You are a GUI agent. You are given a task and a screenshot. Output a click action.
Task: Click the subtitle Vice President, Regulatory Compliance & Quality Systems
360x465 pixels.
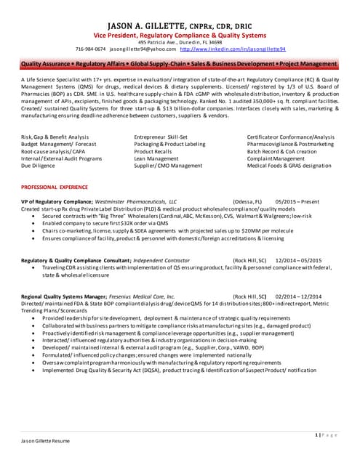pyautogui.click(x=180, y=35)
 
